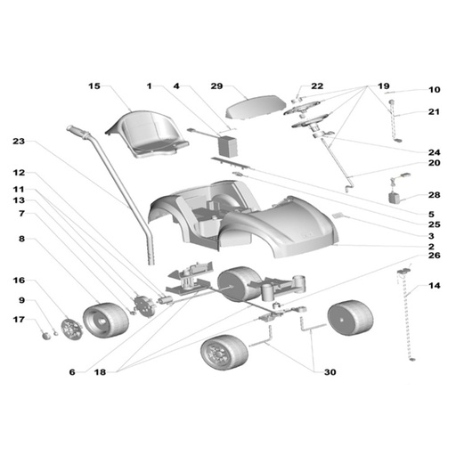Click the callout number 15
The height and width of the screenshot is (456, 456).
(94, 86)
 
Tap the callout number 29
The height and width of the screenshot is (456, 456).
(216, 86)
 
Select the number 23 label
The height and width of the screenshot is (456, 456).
(19, 142)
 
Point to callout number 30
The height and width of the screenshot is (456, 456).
(330, 372)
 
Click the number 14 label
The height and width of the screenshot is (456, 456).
(434, 286)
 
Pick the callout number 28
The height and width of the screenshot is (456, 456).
(434, 195)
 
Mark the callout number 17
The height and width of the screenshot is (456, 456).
(19, 320)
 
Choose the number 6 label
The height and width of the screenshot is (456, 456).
(72, 372)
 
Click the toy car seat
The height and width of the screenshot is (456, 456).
(148, 134)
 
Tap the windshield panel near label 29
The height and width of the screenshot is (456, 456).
(256, 108)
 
